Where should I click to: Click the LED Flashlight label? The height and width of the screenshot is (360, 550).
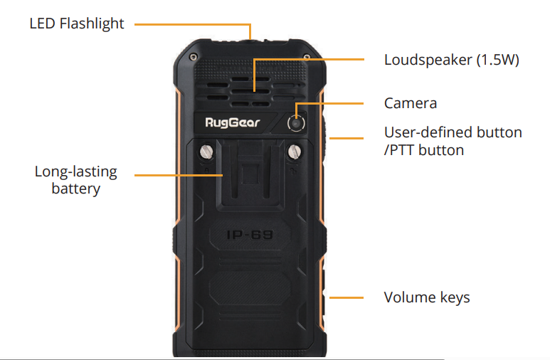tap(77, 23)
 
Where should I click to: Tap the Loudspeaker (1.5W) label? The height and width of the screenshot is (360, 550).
tap(451, 60)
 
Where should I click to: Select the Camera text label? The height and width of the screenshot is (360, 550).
tap(410, 103)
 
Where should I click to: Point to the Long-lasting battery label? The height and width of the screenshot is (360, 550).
tap(75, 180)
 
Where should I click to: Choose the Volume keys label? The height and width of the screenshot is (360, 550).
tap(427, 297)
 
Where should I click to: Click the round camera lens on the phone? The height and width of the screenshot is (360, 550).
tap(296, 123)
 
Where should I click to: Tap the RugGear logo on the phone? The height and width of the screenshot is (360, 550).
tap(233, 122)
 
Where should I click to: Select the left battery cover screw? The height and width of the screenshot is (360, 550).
tap(208, 151)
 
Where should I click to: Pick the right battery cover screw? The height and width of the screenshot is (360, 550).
tap(292, 151)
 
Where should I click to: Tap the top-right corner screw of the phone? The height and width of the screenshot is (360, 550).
tap(306, 55)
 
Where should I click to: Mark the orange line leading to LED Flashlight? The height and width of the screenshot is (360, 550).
tap(192, 24)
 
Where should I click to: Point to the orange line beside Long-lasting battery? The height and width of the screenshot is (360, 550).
tap(178, 174)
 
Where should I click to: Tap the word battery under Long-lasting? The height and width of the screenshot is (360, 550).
tap(75, 189)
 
